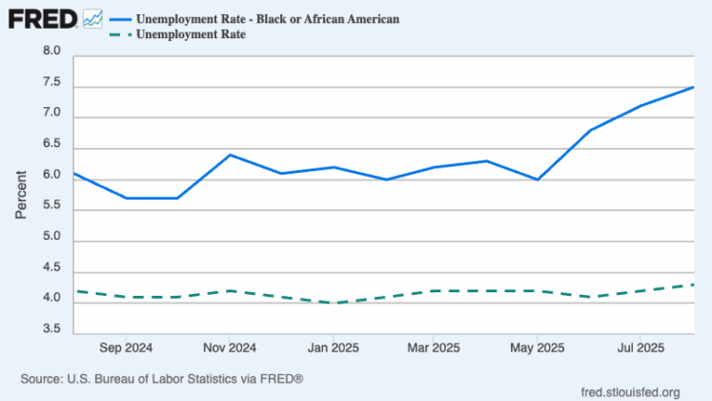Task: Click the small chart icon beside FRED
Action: click(x=92, y=18)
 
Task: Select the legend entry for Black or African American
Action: click(x=254, y=19)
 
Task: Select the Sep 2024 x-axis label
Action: click(x=126, y=348)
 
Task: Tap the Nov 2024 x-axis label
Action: click(x=229, y=348)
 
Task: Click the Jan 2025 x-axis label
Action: click(x=332, y=348)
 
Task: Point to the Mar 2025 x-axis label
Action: click(x=434, y=348)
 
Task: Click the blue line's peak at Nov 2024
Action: click(x=229, y=155)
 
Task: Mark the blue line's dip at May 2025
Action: click(x=538, y=179)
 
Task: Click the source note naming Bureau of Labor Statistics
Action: click(x=161, y=379)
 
